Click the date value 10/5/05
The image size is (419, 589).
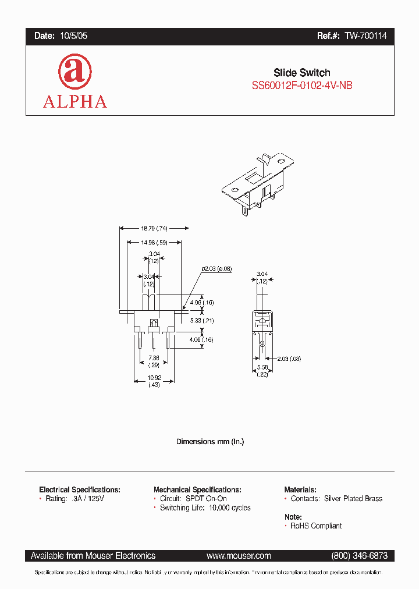(73, 36)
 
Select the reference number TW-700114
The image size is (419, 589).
(365, 36)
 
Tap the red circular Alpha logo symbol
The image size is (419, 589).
(74, 72)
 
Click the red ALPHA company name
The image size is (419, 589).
(74, 101)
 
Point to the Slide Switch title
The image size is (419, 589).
(301, 73)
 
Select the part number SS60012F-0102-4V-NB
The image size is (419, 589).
(301, 86)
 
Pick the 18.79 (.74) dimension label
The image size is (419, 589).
(152, 229)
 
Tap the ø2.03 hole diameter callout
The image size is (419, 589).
(216, 268)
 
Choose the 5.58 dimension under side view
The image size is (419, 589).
(262, 371)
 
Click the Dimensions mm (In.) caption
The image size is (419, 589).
(210, 442)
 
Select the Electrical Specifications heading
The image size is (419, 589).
(80, 490)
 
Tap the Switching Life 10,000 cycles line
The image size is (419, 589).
(205, 508)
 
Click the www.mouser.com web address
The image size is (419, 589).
(239, 556)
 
